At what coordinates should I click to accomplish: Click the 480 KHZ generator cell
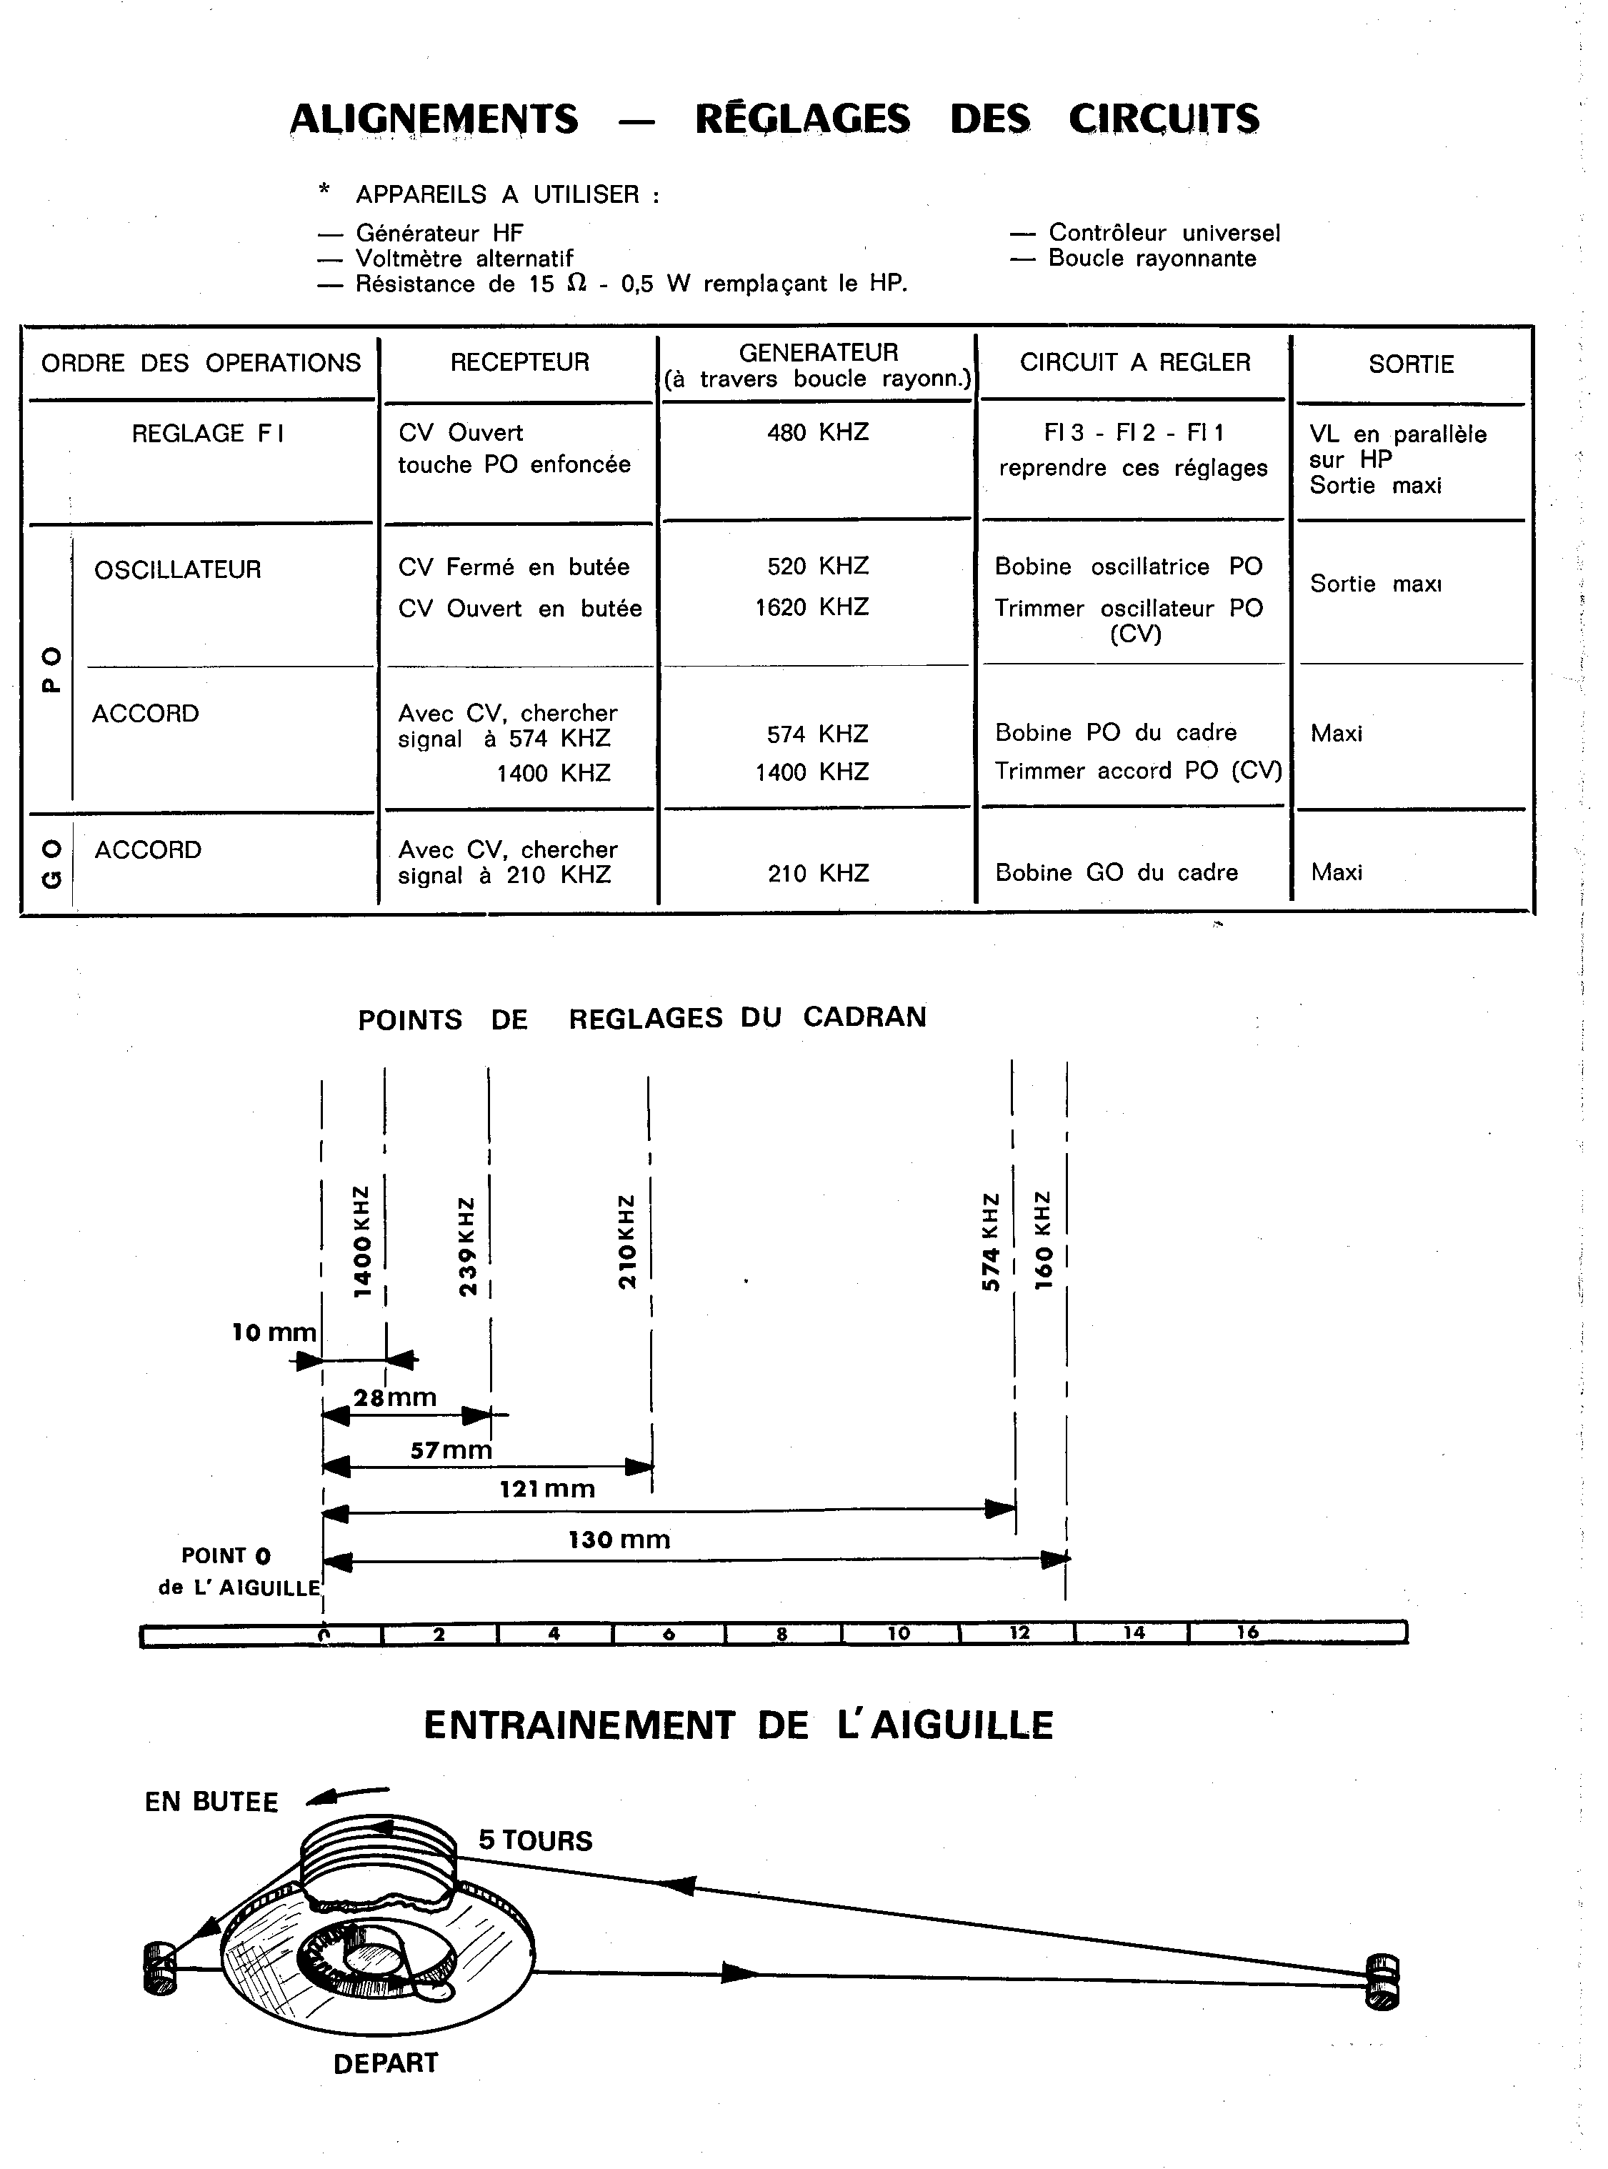tap(818, 432)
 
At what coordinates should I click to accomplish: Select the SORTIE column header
tap(1410, 364)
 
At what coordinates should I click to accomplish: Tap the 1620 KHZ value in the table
tap(812, 607)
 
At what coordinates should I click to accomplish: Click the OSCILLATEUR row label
tap(178, 569)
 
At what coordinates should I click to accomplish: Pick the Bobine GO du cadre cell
tap(1116, 872)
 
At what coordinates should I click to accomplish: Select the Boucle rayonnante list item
tap(1152, 259)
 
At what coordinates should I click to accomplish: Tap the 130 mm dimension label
tap(619, 1539)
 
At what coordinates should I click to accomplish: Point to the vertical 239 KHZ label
tap(467, 1246)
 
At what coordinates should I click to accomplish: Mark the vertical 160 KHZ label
tap(1042, 1240)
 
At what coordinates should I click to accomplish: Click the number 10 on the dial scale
tap(899, 1634)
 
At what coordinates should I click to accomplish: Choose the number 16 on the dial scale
tap(1247, 1632)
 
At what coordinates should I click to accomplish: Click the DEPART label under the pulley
tap(386, 2063)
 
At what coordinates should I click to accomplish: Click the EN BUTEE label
tap(211, 1802)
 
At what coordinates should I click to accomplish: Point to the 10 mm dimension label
tap(274, 1332)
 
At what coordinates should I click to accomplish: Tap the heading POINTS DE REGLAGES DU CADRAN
tap(641, 1018)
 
